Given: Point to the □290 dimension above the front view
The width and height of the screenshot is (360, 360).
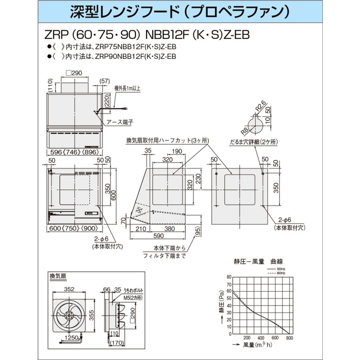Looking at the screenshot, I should (x=73, y=73).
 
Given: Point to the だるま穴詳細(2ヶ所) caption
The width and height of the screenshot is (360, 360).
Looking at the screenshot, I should (x=254, y=142).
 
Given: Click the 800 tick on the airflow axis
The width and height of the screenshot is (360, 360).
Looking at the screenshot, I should (x=290, y=338).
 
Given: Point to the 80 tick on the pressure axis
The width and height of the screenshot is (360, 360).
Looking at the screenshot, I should (x=229, y=277).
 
